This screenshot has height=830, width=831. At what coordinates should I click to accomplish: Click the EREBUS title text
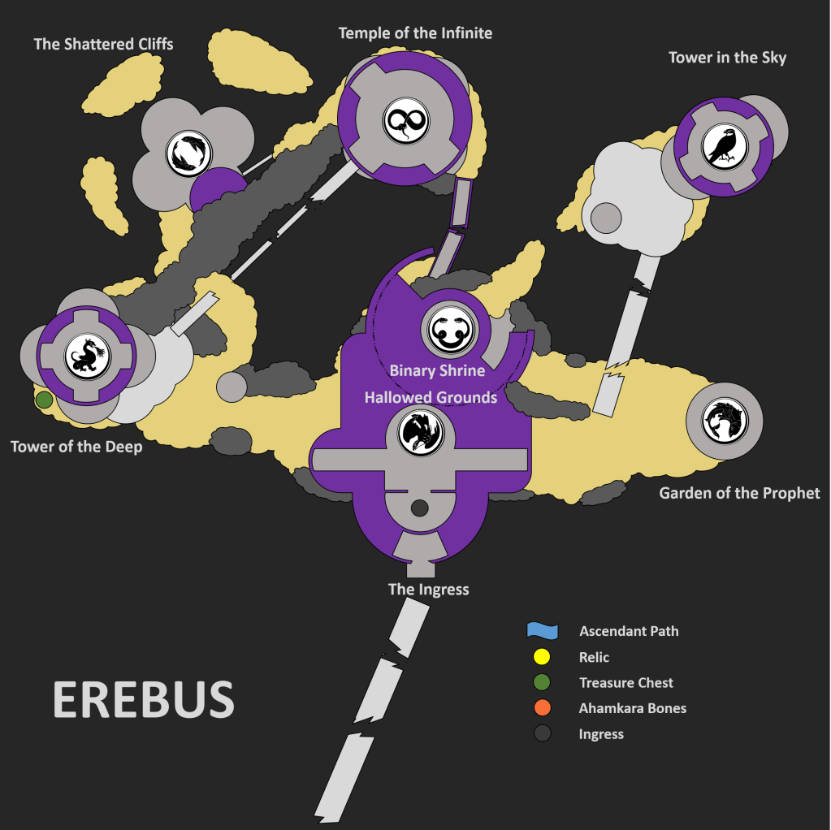point(143,699)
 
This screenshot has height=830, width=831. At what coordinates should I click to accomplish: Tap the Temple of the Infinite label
point(416,33)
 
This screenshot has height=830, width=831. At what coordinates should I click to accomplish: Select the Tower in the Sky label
point(727,58)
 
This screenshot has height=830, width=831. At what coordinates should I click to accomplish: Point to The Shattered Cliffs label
point(103,44)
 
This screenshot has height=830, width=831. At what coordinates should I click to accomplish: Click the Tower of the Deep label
point(76,447)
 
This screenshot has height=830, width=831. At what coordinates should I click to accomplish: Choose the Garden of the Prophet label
point(739,494)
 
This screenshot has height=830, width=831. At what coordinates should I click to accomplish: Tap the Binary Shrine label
point(437,370)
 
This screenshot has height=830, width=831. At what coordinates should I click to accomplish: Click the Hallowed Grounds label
point(431,397)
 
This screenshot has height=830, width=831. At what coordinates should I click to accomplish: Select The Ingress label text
point(428,590)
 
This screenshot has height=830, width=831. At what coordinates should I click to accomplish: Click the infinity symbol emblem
point(406,121)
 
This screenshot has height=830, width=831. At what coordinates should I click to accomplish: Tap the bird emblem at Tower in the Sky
point(725,147)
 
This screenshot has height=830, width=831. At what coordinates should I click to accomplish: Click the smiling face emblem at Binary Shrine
point(450,331)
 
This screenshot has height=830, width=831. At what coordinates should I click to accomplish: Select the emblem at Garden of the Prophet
point(725,421)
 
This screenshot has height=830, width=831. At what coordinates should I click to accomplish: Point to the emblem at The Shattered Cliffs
point(189,153)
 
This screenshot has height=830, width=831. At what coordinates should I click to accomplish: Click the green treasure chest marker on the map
point(44,400)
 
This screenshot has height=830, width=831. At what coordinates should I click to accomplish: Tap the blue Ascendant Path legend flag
point(542,630)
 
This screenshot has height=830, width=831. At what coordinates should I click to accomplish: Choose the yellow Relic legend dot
point(542,657)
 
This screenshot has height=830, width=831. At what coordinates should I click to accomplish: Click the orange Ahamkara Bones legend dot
point(542,707)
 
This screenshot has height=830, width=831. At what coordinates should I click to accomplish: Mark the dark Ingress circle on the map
point(419,508)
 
